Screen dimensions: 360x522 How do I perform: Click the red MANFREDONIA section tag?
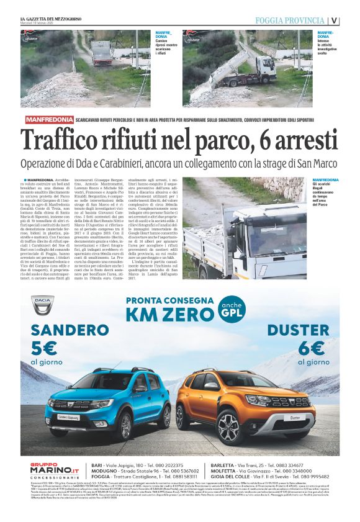tap(49, 119)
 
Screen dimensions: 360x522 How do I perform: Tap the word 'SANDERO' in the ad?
tap(62, 329)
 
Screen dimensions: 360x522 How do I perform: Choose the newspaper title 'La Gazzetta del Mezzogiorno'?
tap(56, 17)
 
